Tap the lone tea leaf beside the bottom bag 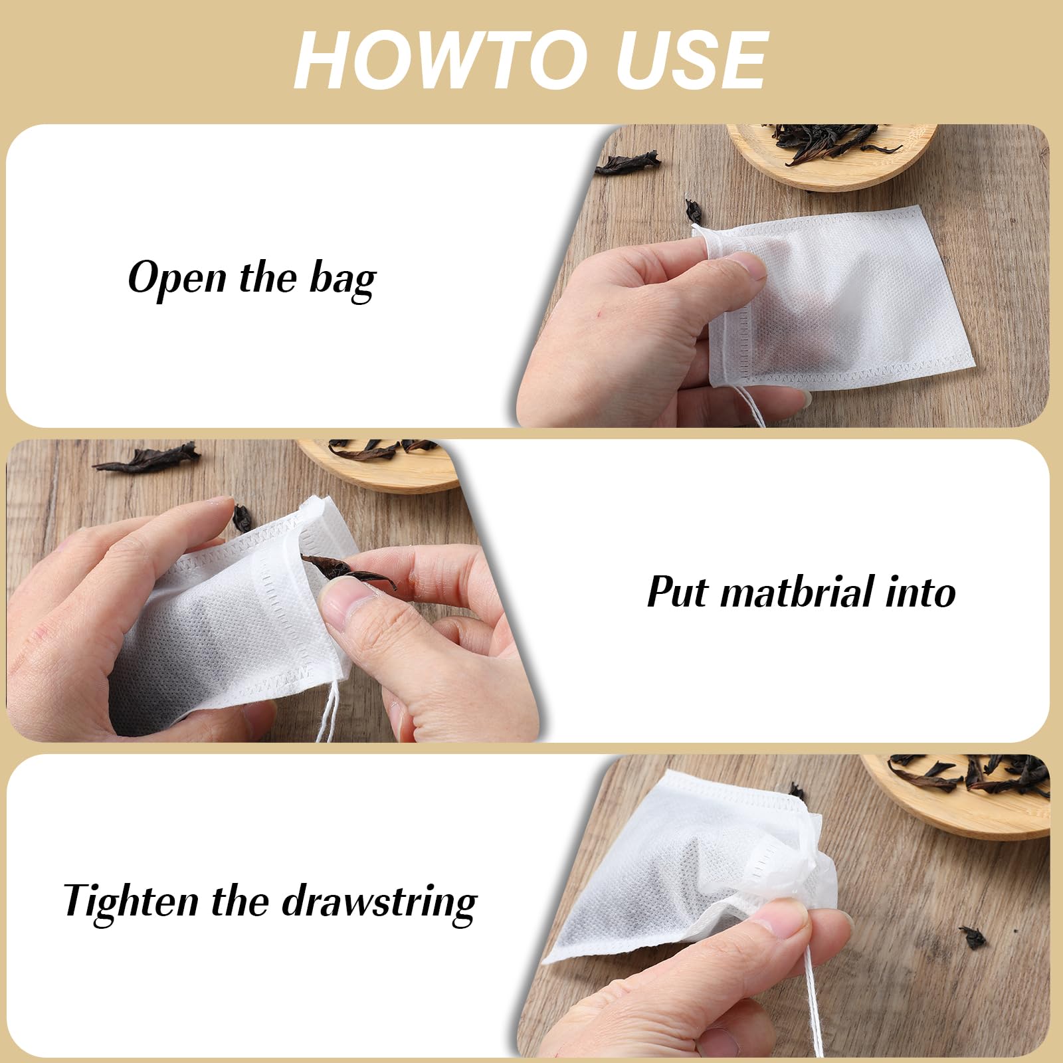[x=973, y=937]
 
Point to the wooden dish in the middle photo [x=379, y=465]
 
